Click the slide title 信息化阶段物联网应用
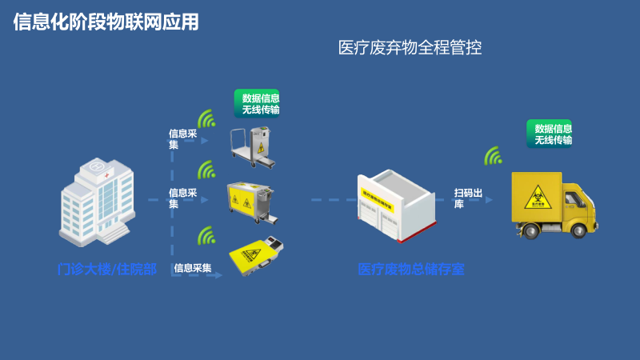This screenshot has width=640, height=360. pos(106,22)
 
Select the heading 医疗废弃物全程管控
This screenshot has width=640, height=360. pos(410,48)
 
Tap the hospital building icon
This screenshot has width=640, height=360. pos(94,201)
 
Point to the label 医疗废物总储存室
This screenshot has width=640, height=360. pos(410,269)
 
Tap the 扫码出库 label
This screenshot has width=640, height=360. pos(468,198)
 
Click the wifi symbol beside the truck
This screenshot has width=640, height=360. pos(493,155)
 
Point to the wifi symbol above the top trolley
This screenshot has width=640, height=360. pos(207,119)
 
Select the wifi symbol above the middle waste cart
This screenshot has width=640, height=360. pos(207,170)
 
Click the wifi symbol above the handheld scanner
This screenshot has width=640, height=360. pos(207,235)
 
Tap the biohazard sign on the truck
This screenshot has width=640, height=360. pos(534,196)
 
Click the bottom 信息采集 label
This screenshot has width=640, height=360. pos(193,268)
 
